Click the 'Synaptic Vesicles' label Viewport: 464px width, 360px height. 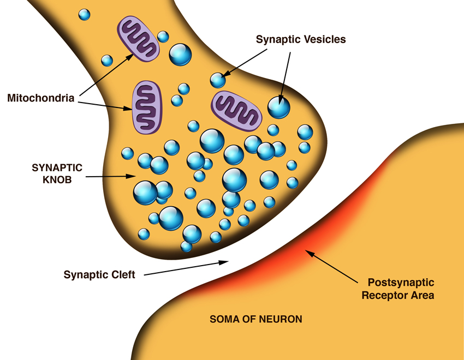301,40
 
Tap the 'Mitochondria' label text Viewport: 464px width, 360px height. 40,99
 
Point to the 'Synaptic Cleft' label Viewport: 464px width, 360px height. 99,274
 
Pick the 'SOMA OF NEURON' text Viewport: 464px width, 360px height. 255,319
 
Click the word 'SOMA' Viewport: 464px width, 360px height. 223,319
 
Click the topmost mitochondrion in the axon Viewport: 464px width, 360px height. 139,38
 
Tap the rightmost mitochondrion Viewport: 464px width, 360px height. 236,111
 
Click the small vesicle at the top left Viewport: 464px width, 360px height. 84,15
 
